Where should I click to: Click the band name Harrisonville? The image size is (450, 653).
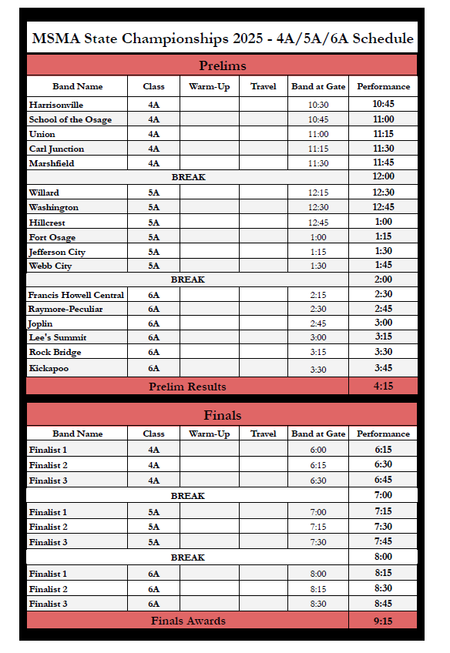[56, 105]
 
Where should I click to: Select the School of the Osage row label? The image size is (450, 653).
[70, 119]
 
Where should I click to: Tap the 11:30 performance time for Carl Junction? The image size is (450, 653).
[383, 149]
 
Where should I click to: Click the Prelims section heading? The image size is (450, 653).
[222, 65]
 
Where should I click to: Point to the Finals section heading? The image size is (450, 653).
[222, 415]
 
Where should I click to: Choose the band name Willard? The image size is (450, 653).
[44, 193]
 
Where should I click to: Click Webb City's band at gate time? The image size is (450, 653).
[318, 266]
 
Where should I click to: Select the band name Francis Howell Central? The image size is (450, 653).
[76, 295]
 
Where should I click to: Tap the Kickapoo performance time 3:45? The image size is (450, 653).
[383, 368]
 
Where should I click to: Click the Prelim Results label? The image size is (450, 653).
[187, 387]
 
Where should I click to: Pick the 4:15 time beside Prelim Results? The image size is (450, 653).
[383, 387]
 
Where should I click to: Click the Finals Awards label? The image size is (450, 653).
[188, 621]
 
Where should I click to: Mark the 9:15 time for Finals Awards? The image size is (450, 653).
[383, 621]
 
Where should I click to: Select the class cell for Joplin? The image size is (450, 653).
[153, 324]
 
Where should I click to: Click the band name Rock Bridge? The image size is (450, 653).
[55, 353]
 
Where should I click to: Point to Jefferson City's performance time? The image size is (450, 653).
[383, 252]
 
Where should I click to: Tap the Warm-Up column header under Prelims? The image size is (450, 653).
[209, 86]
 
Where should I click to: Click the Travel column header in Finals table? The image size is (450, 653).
[263, 434]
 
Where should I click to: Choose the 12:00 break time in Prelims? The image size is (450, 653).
[383, 177]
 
